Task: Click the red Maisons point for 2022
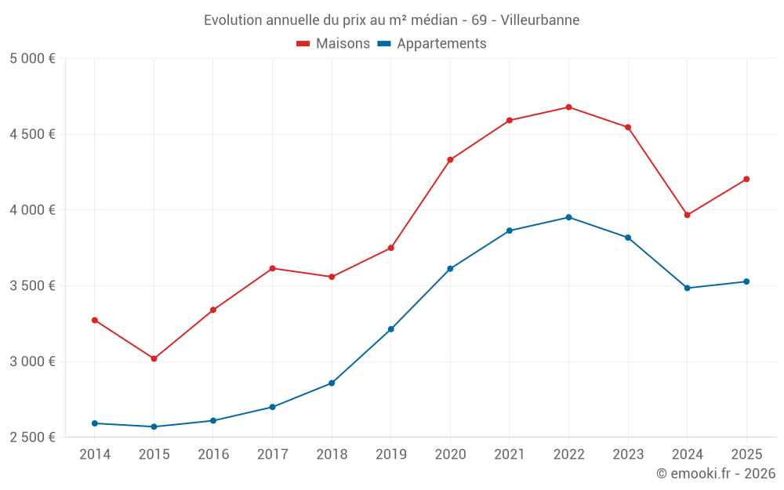568,107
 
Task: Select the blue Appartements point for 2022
568,217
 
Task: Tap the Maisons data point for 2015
154,358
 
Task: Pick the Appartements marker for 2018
332,383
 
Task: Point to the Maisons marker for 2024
688,215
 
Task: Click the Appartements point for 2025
746,281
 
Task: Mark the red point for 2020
450,160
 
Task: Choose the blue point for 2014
95,423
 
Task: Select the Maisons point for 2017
272,268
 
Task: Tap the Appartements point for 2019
391,329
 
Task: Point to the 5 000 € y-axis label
32,59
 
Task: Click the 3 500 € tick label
32,285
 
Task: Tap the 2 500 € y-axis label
32,437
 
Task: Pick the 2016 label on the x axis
213,454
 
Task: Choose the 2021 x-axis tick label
510,454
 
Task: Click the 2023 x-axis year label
628,454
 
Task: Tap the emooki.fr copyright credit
715,473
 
